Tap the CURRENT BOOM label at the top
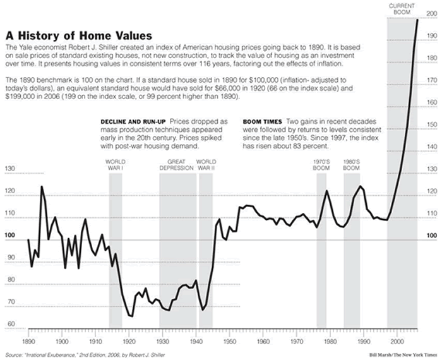402,9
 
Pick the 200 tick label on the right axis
431,13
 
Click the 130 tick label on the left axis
9,169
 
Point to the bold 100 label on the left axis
9,236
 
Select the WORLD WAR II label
206,165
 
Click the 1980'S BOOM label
352,165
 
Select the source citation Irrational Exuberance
85,353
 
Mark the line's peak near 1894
42,186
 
